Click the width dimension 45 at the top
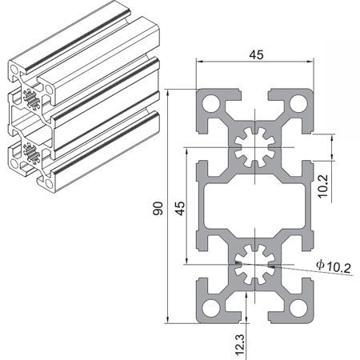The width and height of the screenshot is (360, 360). (x=256, y=54)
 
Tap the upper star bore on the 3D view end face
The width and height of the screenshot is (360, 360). (x=33, y=102)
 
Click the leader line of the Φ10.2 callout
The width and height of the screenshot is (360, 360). (x=300, y=269)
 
